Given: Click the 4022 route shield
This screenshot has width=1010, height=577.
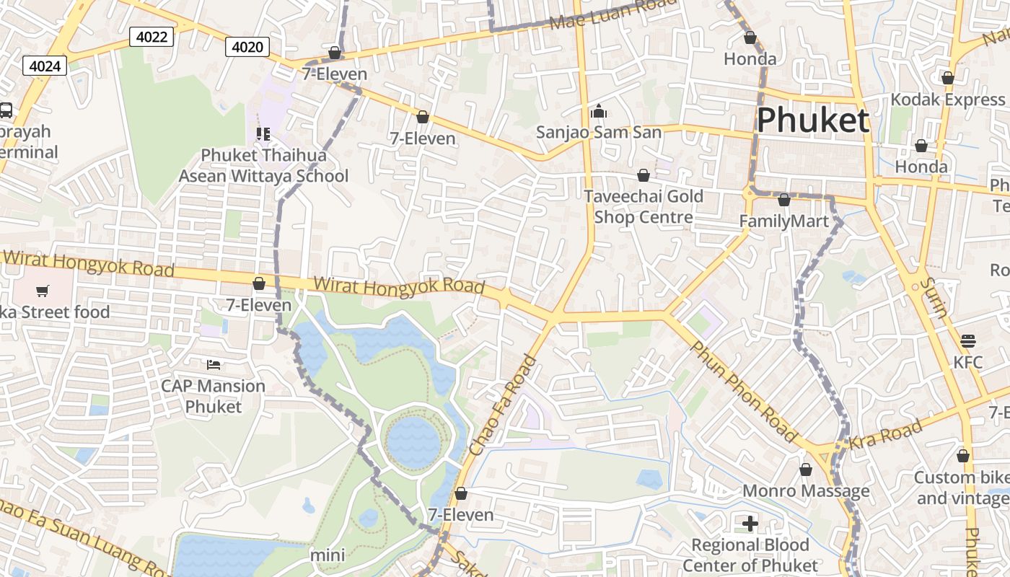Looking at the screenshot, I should [x=151, y=37].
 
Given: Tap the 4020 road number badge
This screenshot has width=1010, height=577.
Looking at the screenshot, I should [x=247, y=48].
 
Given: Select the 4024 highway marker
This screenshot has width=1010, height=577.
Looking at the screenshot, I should [x=45, y=66].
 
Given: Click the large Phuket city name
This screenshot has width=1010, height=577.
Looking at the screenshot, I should [x=812, y=120].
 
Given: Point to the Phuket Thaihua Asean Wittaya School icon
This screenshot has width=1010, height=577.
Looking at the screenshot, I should [x=263, y=134].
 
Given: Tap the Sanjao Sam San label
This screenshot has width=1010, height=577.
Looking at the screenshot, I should [x=598, y=133].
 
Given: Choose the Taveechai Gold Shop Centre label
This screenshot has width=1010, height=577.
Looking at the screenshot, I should [x=643, y=206].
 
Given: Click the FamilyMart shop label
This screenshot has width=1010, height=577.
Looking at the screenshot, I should [x=784, y=221].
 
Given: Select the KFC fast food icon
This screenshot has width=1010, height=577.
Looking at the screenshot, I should [x=968, y=340].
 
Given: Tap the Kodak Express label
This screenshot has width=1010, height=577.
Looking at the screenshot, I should [x=947, y=100].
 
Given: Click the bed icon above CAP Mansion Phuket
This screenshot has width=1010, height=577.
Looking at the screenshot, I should [x=213, y=364].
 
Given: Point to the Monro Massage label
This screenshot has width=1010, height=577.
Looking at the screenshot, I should [x=806, y=491].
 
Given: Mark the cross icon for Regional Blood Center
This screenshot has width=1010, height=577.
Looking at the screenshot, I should [x=750, y=523].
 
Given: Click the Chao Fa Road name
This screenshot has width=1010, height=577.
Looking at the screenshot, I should [x=504, y=405].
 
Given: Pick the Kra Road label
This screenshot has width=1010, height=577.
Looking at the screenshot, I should [x=885, y=434].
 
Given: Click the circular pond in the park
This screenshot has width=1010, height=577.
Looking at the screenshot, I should [x=413, y=440].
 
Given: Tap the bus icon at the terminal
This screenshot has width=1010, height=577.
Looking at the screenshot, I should [x=6, y=110].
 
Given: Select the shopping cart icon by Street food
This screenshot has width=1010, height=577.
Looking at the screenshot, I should [x=43, y=291].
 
